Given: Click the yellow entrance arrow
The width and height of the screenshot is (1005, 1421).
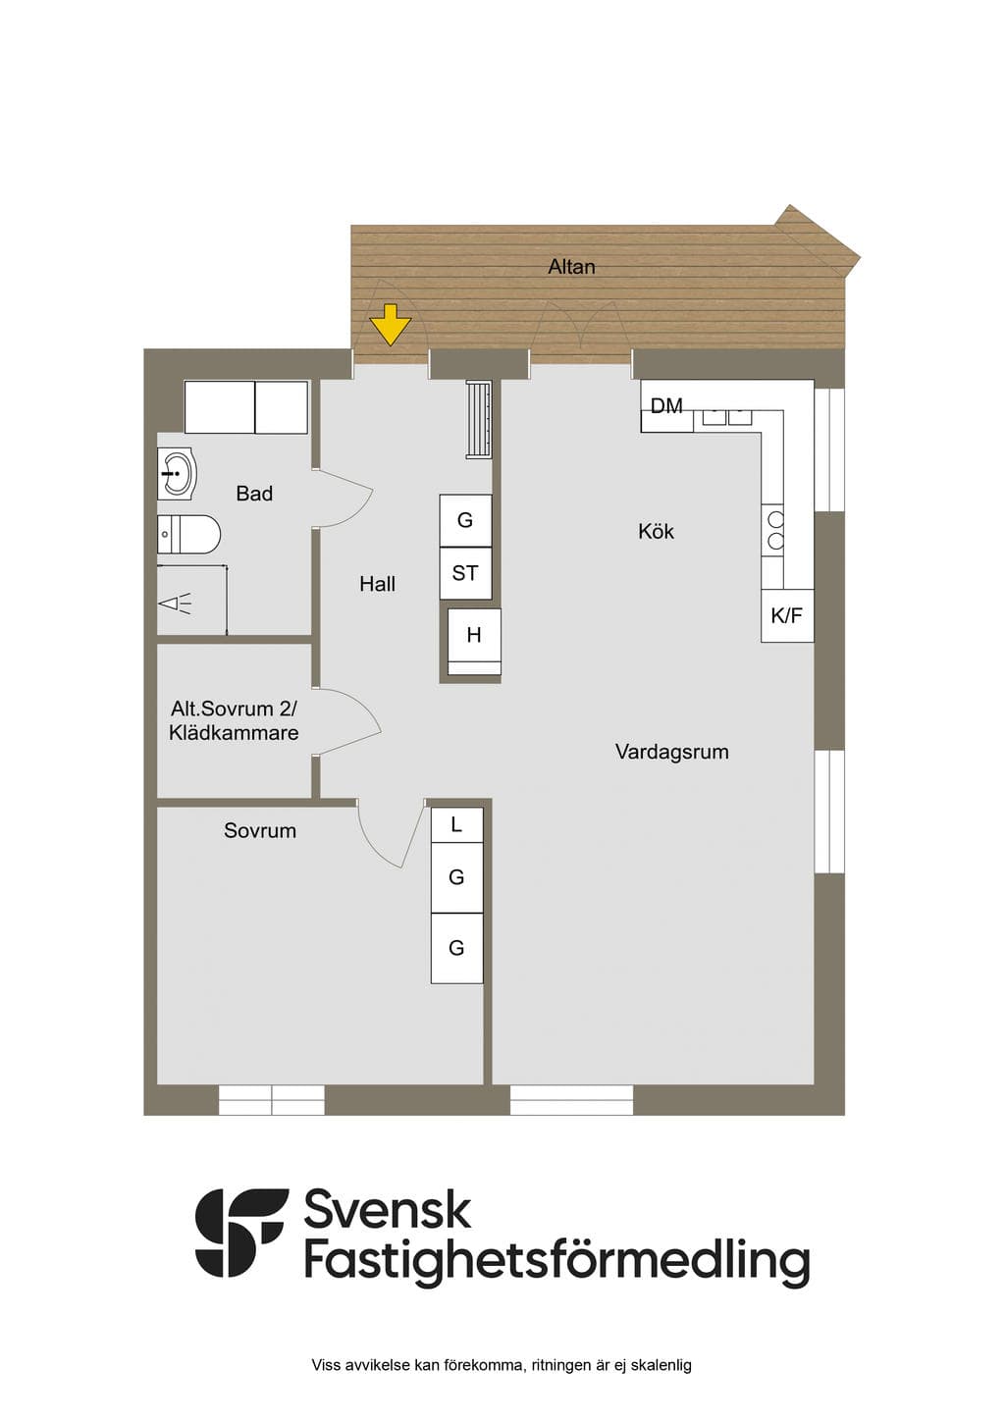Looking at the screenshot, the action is coord(391,324).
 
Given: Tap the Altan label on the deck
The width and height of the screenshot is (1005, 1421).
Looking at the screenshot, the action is coord(571,267).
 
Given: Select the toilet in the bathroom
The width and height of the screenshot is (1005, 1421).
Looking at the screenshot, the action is coord(188,534).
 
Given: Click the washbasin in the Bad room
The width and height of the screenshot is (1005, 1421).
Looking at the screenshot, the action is coord(177,474).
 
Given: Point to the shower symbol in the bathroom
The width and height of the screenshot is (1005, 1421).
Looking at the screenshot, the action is coord(175,604).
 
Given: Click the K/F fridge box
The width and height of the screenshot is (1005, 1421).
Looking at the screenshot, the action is coord(787,614).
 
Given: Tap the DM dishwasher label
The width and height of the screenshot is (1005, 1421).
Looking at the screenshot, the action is coord(666,405).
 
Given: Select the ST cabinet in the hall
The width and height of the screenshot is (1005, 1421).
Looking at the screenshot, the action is coord(465,573).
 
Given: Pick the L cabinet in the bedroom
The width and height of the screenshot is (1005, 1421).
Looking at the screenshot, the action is coord(456,824).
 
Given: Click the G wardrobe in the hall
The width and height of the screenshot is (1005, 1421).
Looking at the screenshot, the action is coord(465,521).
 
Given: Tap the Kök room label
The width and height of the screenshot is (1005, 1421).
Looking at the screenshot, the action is coord(656,531).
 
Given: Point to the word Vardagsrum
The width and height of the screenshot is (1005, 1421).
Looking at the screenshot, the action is coord(672,752).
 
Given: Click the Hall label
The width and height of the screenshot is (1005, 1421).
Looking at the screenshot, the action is coord(378,584).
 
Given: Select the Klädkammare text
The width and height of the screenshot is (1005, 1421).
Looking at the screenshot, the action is coord(234,733).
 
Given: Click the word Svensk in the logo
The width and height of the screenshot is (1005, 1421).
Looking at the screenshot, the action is coord(388,1210).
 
